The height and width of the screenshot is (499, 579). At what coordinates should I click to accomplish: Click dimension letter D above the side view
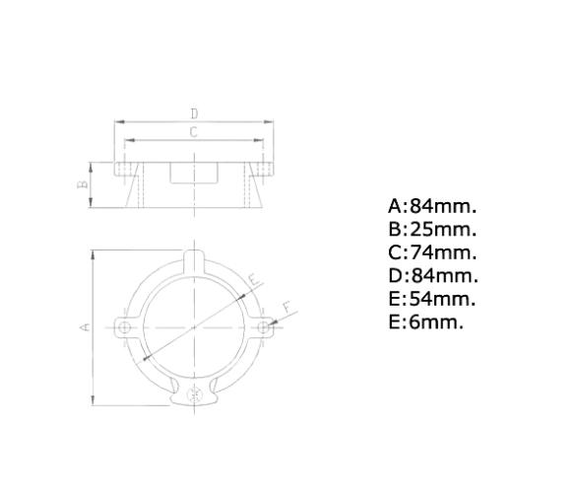click(x=194, y=114)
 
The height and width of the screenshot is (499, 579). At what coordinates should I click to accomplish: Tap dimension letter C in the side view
click(x=194, y=132)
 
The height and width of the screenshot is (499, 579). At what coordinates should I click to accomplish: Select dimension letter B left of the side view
click(x=85, y=183)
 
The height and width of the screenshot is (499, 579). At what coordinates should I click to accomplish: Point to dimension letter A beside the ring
click(x=86, y=325)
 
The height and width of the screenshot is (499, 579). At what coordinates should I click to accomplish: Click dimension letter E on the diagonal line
click(x=254, y=280)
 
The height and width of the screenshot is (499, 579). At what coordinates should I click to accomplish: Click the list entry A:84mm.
click(x=432, y=206)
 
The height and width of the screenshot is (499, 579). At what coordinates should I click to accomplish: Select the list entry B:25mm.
click(x=432, y=230)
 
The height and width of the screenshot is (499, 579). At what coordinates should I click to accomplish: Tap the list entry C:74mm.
click(x=432, y=252)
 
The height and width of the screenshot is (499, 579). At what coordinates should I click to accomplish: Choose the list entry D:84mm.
click(x=432, y=276)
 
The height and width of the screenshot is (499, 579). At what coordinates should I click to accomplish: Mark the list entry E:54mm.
click(x=432, y=299)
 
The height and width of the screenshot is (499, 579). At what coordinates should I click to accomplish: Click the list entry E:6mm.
click(x=425, y=321)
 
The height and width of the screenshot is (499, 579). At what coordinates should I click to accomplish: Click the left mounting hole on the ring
click(x=124, y=325)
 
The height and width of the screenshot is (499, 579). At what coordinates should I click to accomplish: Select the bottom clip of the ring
click(x=195, y=394)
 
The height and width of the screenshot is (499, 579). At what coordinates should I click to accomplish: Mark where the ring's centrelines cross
click(x=195, y=325)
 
